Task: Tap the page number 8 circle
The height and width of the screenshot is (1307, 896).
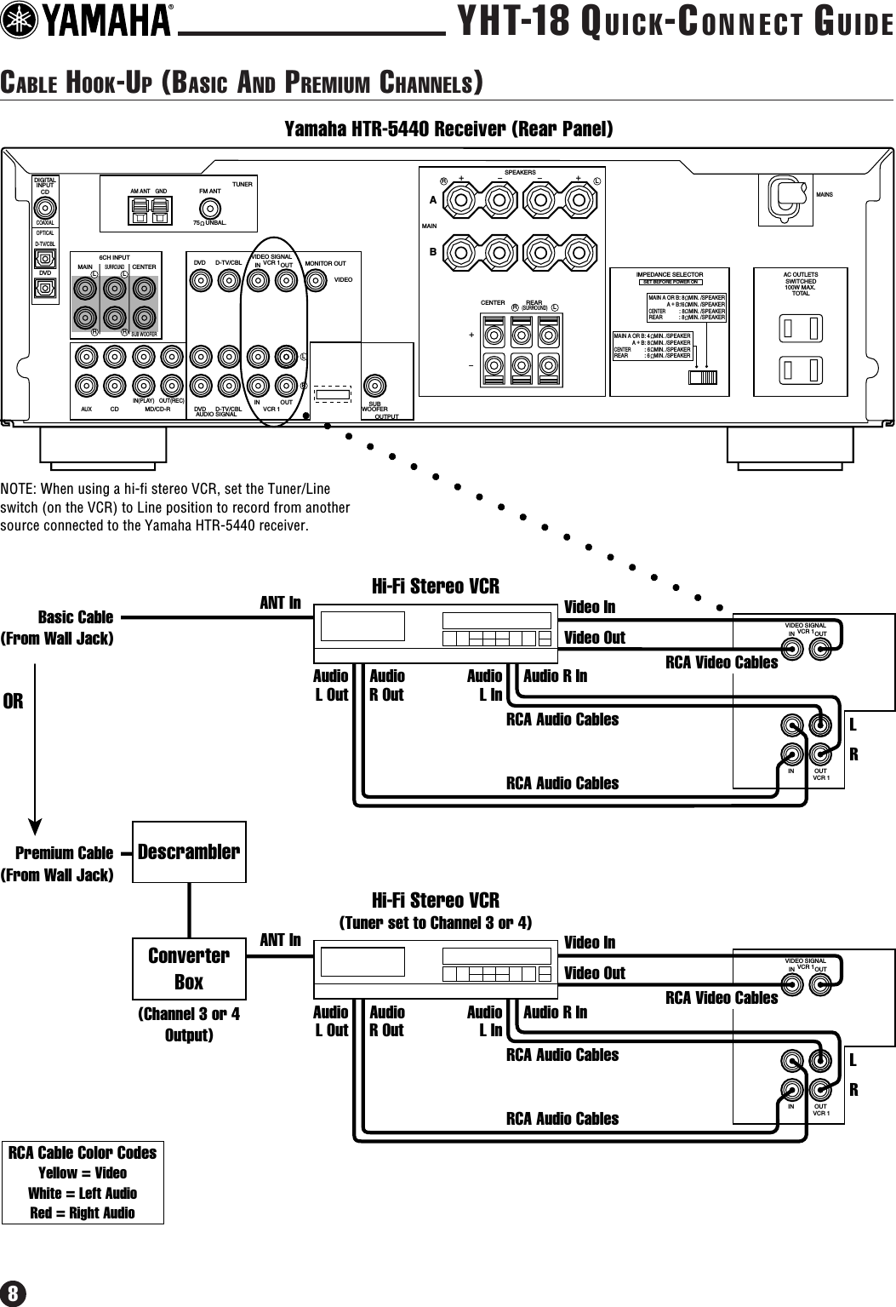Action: [14, 1292]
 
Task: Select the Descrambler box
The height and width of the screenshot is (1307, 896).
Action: [189, 851]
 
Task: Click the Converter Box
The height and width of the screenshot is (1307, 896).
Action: [189, 968]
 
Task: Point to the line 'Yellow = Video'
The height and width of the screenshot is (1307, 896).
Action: [83, 1172]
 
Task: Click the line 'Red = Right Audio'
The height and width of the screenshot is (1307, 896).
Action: [83, 1212]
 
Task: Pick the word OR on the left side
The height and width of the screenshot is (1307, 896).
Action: [13, 702]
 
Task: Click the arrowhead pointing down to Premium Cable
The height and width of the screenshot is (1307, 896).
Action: [35, 827]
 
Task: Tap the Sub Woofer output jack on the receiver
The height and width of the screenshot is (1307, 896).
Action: [374, 384]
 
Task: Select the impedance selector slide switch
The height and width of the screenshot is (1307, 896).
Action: [704, 377]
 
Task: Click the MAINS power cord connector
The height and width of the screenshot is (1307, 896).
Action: [785, 196]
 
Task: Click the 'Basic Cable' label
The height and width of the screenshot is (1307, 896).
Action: [76, 616]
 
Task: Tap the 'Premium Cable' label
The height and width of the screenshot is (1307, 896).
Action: [65, 853]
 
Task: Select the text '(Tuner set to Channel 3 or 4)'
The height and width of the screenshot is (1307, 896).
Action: [436, 923]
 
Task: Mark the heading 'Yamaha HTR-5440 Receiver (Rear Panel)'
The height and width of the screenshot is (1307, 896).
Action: [448, 129]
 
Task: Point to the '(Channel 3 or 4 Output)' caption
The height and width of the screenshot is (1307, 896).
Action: [189, 1024]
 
